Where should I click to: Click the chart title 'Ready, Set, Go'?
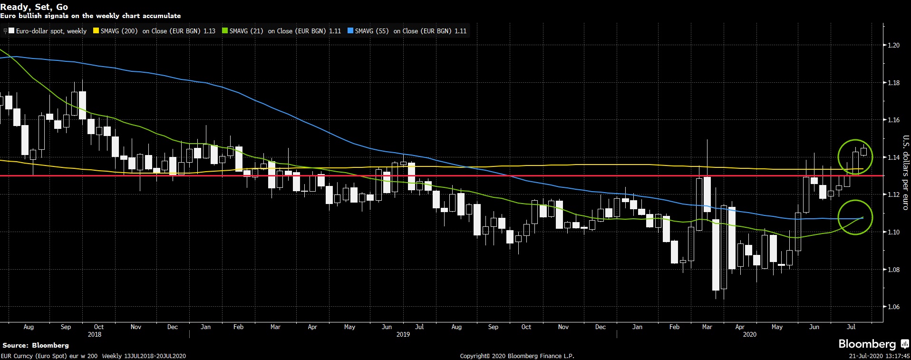click(x=34, y=7)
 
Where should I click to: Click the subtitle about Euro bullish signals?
click(x=90, y=16)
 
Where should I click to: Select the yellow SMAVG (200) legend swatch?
click(x=96, y=31)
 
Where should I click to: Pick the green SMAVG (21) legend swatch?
click(x=225, y=31)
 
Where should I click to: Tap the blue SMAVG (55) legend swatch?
click(x=350, y=31)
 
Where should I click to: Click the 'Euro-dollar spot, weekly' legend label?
click(x=51, y=31)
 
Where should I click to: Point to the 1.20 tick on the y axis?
click(x=893, y=46)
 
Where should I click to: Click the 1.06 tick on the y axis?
click(x=893, y=307)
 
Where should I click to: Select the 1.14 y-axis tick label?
click(x=893, y=157)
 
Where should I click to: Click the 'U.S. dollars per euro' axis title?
click(x=905, y=173)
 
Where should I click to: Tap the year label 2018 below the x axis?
click(x=95, y=334)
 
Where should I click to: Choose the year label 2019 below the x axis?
click(x=403, y=334)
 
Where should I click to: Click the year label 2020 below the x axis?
click(x=749, y=334)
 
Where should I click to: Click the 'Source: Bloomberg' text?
click(x=36, y=345)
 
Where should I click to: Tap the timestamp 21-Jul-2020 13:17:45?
click(x=880, y=356)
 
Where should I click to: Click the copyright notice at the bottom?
click(x=517, y=356)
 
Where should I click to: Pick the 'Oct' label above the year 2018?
click(x=98, y=327)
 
